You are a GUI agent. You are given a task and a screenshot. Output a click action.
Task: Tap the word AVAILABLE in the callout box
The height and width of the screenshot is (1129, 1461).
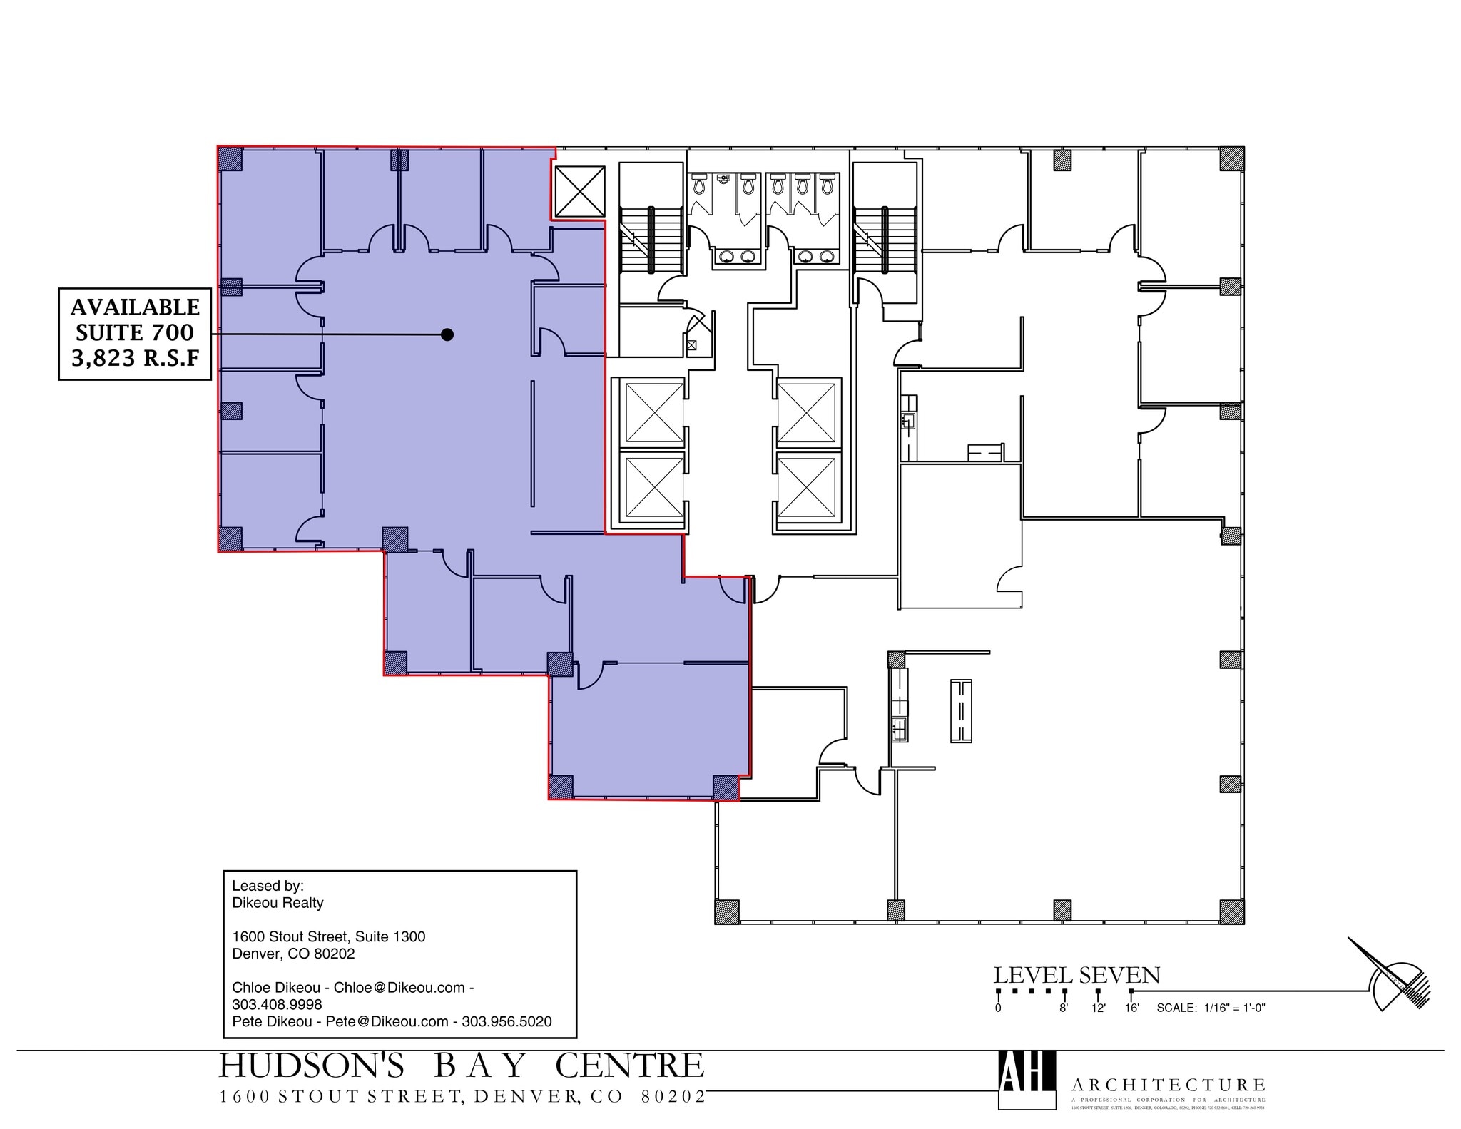(135, 307)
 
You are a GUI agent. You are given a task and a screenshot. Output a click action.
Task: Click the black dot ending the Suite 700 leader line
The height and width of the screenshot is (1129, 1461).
(447, 334)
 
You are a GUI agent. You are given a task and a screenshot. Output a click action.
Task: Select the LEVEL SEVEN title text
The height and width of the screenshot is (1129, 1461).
(1076, 975)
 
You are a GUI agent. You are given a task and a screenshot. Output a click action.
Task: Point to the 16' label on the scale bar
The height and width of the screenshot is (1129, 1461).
(1132, 1008)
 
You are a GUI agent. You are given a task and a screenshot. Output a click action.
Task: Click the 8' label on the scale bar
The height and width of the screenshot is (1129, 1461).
(1064, 1008)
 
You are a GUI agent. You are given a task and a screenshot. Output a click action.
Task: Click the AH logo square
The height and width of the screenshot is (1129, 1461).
(1027, 1079)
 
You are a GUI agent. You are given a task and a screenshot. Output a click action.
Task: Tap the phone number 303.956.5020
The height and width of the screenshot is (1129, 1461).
(506, 1021)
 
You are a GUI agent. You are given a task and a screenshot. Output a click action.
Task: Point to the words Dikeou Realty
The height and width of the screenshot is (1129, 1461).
(278, 903)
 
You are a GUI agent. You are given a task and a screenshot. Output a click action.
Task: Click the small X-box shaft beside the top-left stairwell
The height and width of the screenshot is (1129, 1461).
(579, 191)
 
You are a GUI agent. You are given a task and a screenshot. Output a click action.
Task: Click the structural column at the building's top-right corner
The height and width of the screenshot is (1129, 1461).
(1231, 158)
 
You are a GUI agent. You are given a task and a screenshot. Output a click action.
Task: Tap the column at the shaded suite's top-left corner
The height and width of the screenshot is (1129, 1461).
(230, 158)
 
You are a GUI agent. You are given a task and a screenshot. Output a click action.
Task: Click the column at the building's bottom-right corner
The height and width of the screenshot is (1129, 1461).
(1231, 911)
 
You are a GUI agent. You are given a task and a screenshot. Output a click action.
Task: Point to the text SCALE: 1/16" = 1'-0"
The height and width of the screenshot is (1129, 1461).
(1211, 1008)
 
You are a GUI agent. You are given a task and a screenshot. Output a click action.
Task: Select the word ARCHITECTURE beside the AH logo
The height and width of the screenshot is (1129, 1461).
(1168, 1085)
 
